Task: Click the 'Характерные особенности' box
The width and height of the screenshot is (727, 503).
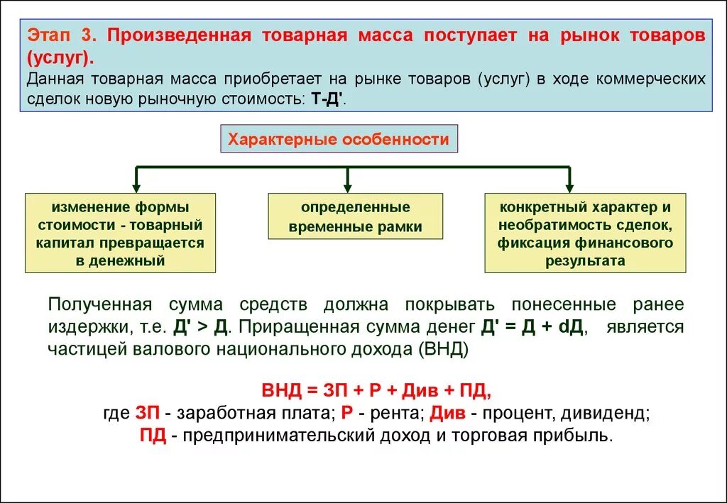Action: [x=338, y=140]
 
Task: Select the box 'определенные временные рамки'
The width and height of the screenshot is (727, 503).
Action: [x=355, y=217]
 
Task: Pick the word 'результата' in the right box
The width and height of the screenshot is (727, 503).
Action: [x=585, y=260]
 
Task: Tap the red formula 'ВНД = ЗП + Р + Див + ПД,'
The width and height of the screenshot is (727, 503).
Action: [x=376, y=391]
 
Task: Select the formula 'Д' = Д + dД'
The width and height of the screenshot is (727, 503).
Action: [x=532, y=327]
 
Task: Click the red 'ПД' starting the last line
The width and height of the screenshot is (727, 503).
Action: [x=153, y=435]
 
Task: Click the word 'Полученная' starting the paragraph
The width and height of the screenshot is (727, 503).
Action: [x=100, y=305]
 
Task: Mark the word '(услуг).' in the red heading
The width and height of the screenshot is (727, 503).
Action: [x=60, y=56]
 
